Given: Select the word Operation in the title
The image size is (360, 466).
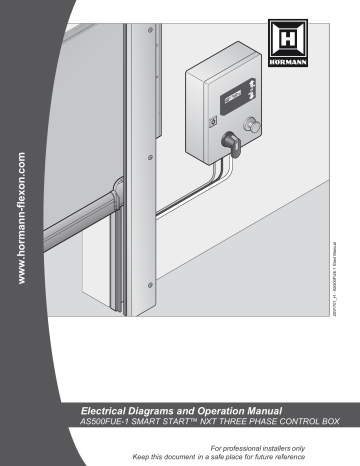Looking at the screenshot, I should (226, 411).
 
